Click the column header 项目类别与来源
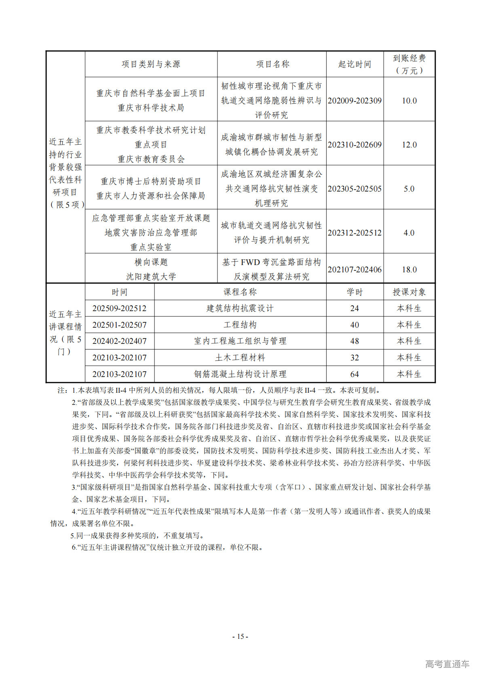[151, 64]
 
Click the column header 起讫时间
[354, 64]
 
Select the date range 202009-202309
[354, 101]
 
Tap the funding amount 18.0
[409, 269]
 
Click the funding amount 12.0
[409, 145]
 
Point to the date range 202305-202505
[354, 189]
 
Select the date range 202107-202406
[354, 269]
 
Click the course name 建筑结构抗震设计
[240, 308]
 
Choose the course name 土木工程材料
[240, 358]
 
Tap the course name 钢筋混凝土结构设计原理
[240, 374]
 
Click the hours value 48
[354, 341]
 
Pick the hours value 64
[354, 374]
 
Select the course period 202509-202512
[119, 308]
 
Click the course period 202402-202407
[119, 341]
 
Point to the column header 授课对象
[409, 292]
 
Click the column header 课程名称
[240, 292]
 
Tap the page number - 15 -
[240, 636]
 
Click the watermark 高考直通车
[447, 664]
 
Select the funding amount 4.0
[409, 233]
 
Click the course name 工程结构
[240, 325]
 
